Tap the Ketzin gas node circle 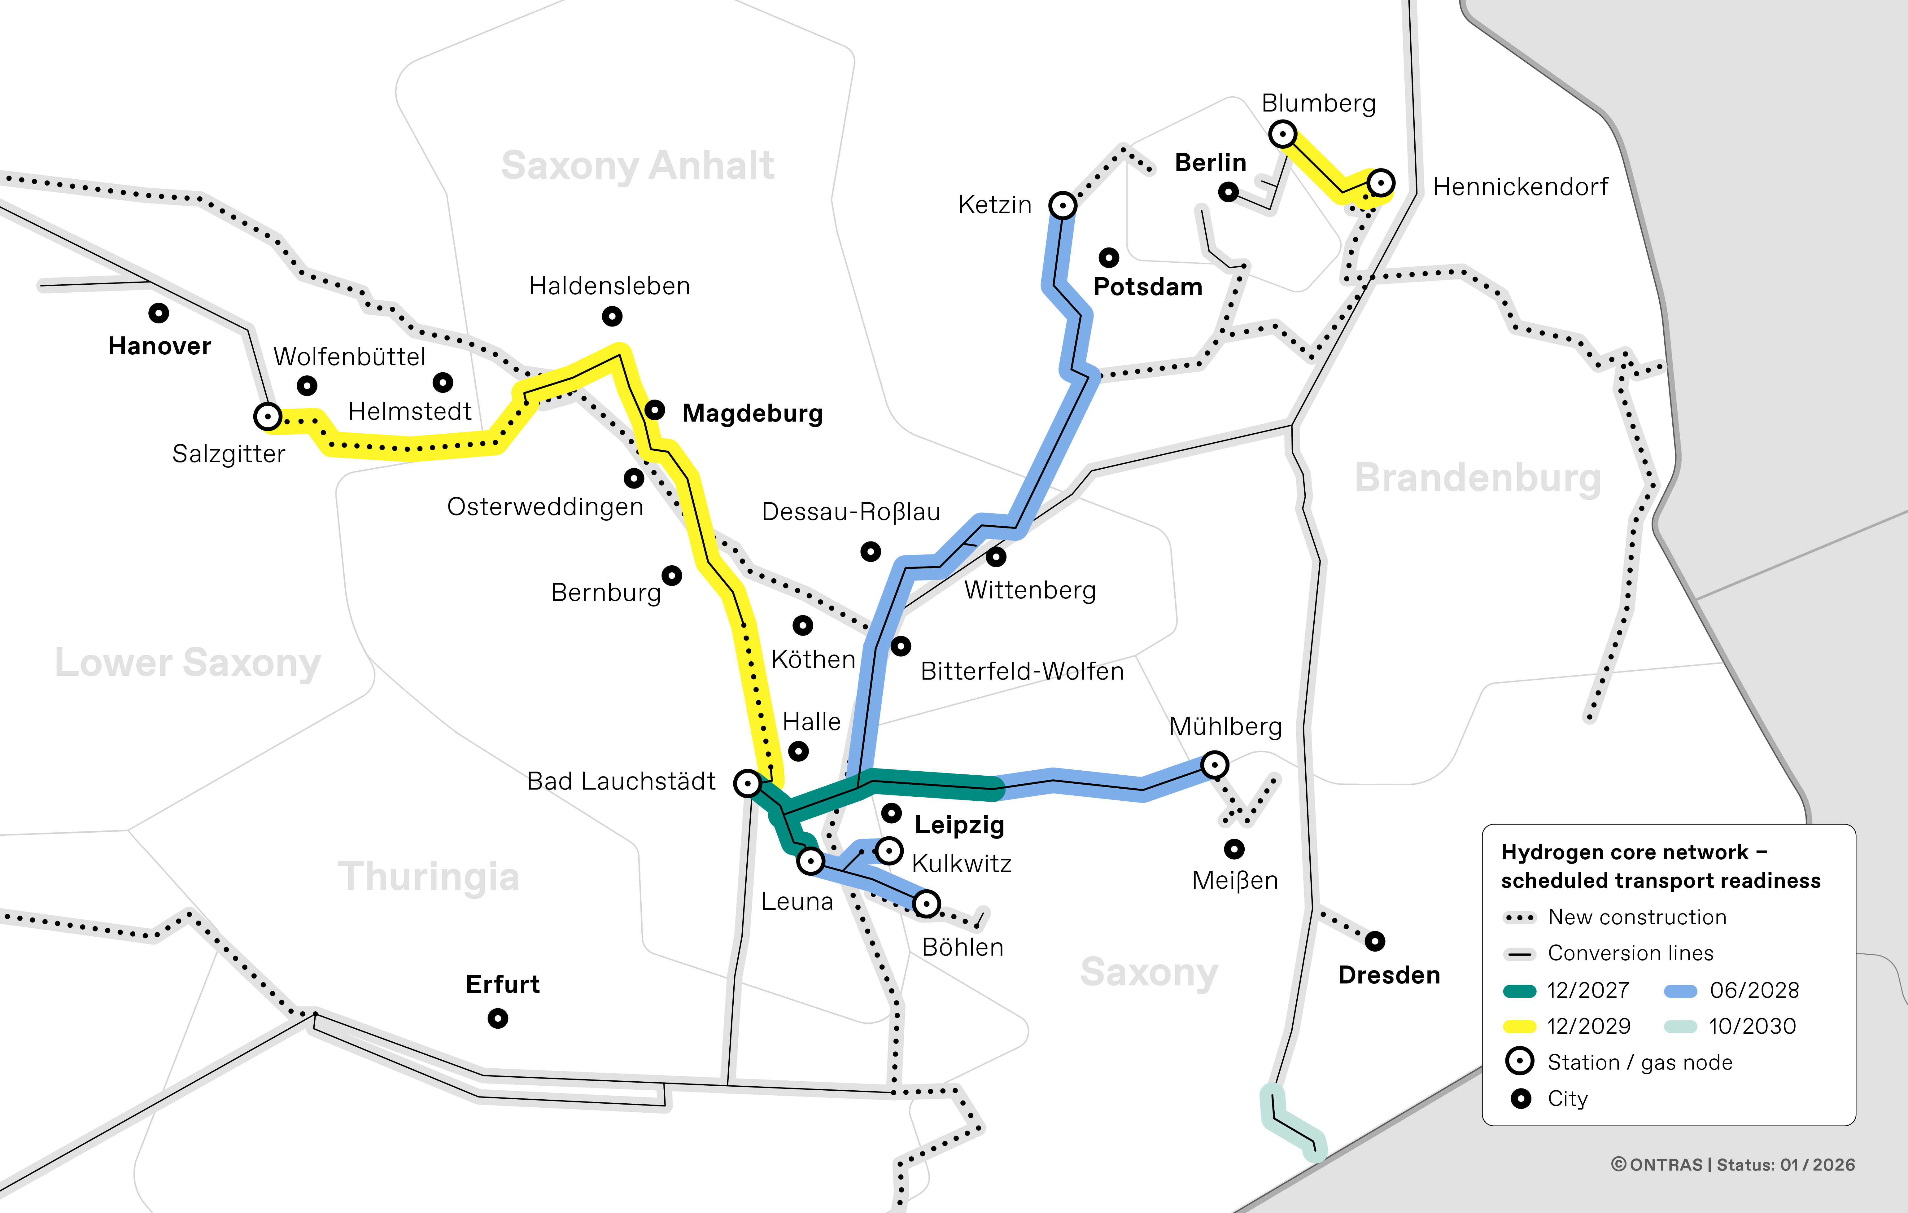click(1063, 205)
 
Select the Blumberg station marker click(1282, 134)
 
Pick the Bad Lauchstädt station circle click(747, 783)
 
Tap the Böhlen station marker click(926, 903)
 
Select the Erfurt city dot click(498, 1018)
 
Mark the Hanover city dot click(159, 313)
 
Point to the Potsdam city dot click(1108, 257)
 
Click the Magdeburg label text click(752, 414)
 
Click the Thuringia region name click(429, 877)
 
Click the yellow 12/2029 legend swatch click(1519, 1027)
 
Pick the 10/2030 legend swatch click(1680, 1027)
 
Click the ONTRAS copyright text click(1733, 1165)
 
